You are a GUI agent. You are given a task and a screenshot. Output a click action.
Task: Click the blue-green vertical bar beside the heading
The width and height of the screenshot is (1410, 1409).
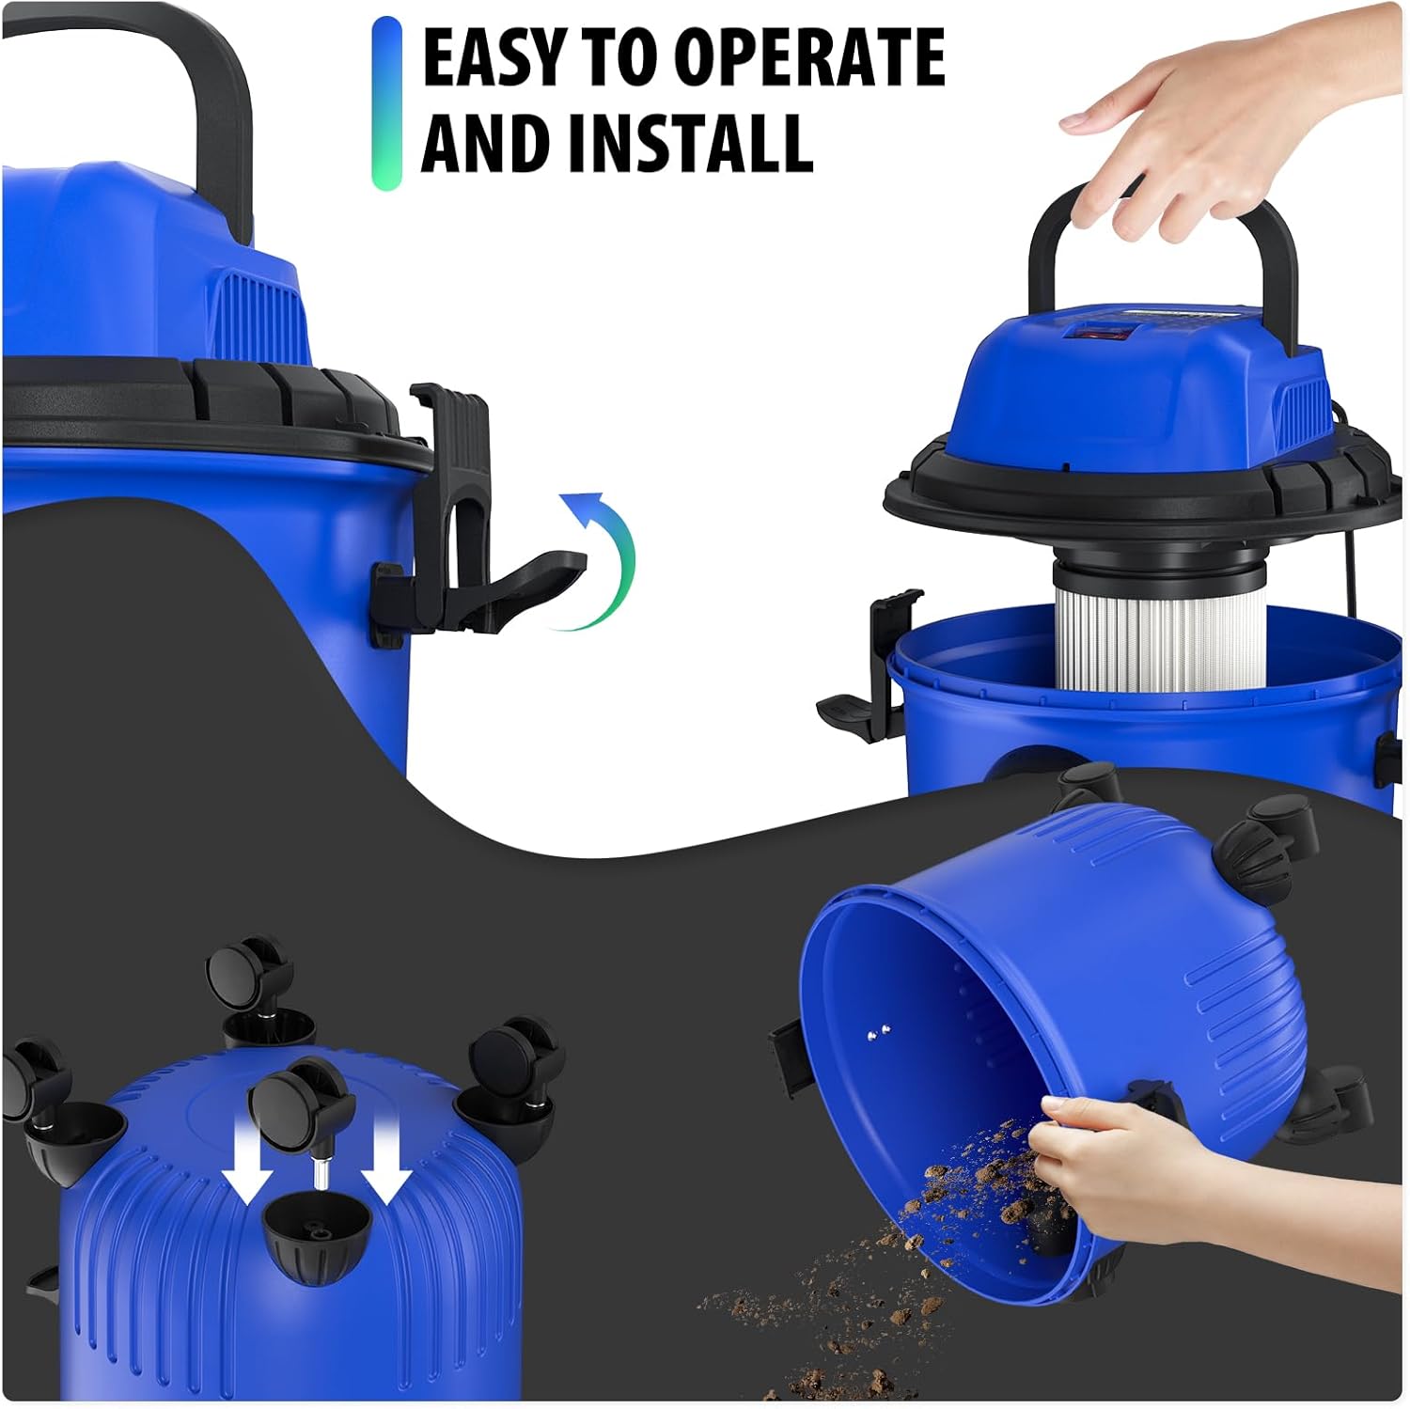coord(386,103)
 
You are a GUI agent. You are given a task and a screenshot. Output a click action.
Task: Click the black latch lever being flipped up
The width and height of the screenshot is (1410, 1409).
coord(531,585)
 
